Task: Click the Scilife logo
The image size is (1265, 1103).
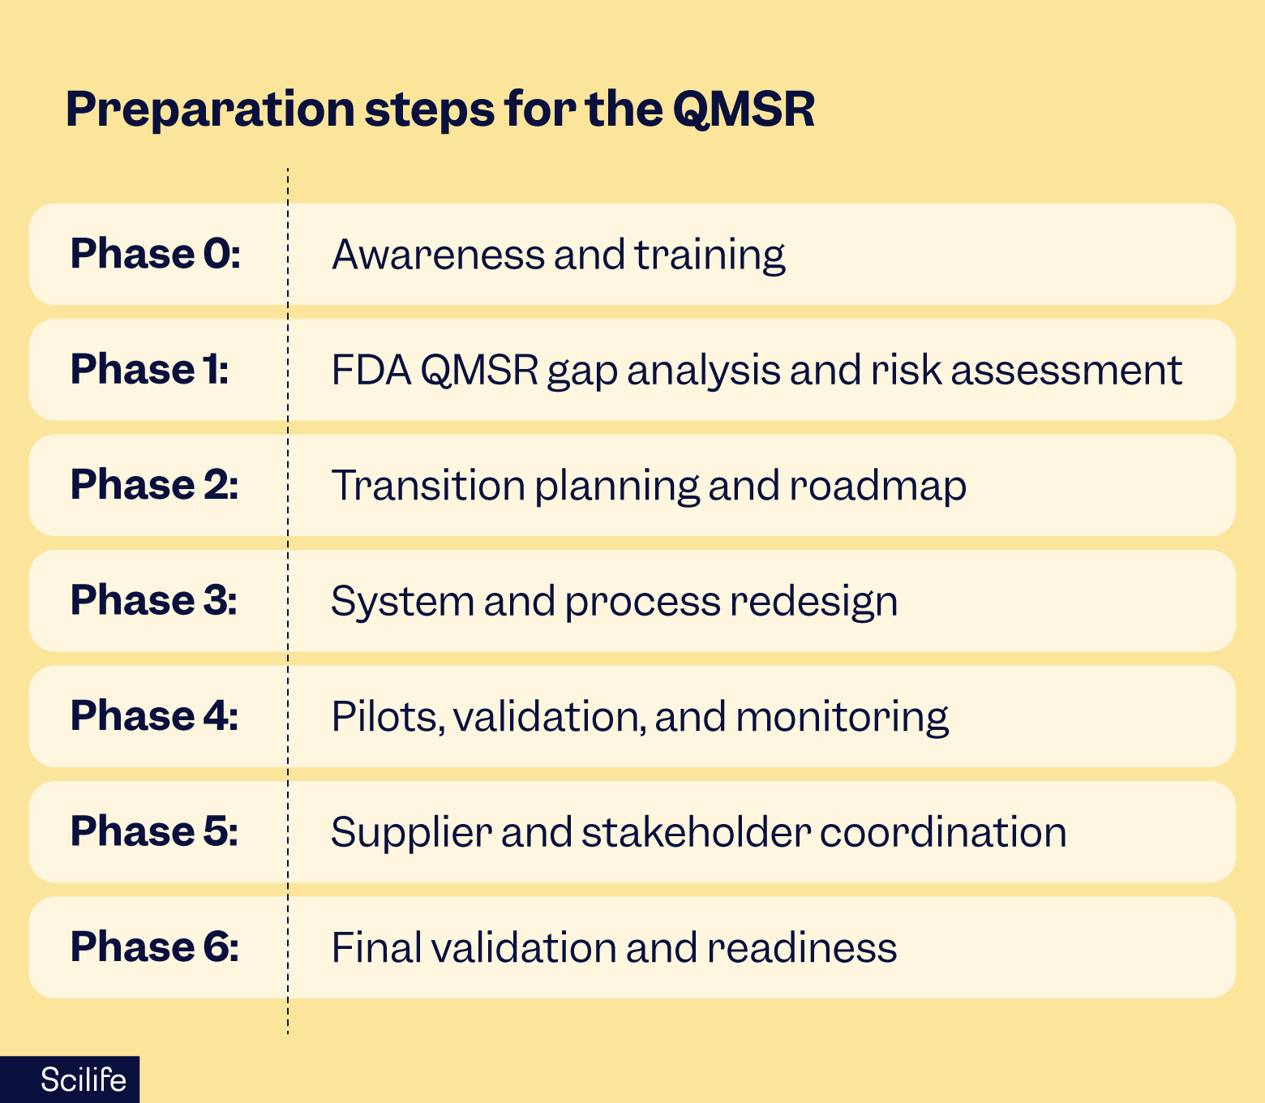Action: click(83, 1080)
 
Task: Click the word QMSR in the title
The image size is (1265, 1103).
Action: click(744, 109)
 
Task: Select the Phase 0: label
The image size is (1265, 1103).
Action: click(155, 254)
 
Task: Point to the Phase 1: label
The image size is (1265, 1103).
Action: click(150, 369)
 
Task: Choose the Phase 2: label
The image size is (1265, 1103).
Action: click(155, 484)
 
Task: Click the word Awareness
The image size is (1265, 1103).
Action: click(439, 254)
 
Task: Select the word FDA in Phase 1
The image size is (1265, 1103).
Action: click(371, 370)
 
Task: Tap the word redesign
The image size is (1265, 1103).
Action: click(813, 603)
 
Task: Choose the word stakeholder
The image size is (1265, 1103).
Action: click(697, 831)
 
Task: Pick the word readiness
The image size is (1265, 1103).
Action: click(802, 947)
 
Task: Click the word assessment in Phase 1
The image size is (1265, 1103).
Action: click(1066, 371)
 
